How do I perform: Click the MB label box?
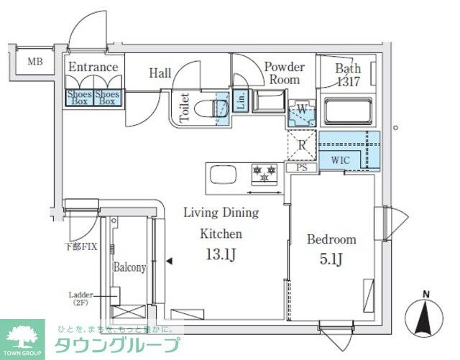pyautogui.click(x=34, y=62)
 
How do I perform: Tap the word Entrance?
pyautogui.click(x=93, y=68)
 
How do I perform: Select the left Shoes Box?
pyautogui.click(x=79, y=97)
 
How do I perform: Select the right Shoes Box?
pyautogui.click(x=108, y=97)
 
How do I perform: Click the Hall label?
pyautogui.click(x=160, y=73)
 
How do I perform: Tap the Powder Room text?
pyautogui.click(x=284, y=73)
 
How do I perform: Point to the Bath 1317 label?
pyautogui.click(x=349, y=74)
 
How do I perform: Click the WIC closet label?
pyautogui.click(x=341, y=160)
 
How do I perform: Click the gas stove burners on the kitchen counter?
pyautogui.click(x=263, y=173)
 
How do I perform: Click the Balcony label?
pyautogui.click(x=129, y=267)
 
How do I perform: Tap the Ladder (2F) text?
pyautogui.click(x=80, y=298)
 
